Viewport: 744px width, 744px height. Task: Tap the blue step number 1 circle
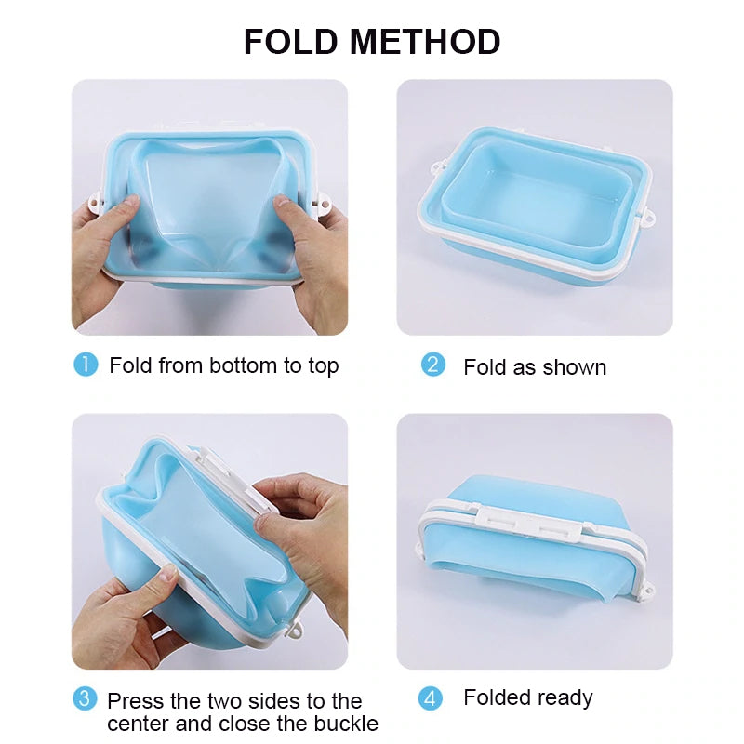tap(86, 365)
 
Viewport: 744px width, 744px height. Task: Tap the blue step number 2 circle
tap(433, 365)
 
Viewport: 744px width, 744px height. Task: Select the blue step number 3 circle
tap(86, 698)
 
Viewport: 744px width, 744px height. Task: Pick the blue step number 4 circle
tap(431, 697)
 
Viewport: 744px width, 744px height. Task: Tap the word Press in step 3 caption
tap(134, 700)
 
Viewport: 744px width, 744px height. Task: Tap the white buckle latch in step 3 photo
tap(223, 470)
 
